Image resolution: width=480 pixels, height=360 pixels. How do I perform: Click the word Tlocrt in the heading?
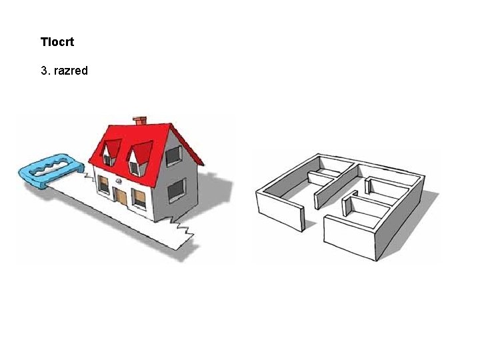coord(57,42)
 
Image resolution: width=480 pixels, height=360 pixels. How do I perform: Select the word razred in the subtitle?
coord(70,70)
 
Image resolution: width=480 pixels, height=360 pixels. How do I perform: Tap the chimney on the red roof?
coord(140,121)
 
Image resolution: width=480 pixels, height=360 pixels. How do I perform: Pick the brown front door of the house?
coord(121,197)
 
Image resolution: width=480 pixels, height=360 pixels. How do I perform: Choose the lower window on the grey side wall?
coord(176,191)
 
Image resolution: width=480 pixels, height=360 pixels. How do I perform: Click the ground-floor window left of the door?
coord(103,185)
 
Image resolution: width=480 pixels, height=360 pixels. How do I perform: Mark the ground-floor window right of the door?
coord(139,198)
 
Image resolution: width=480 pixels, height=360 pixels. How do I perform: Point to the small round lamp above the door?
coord(118,180)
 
